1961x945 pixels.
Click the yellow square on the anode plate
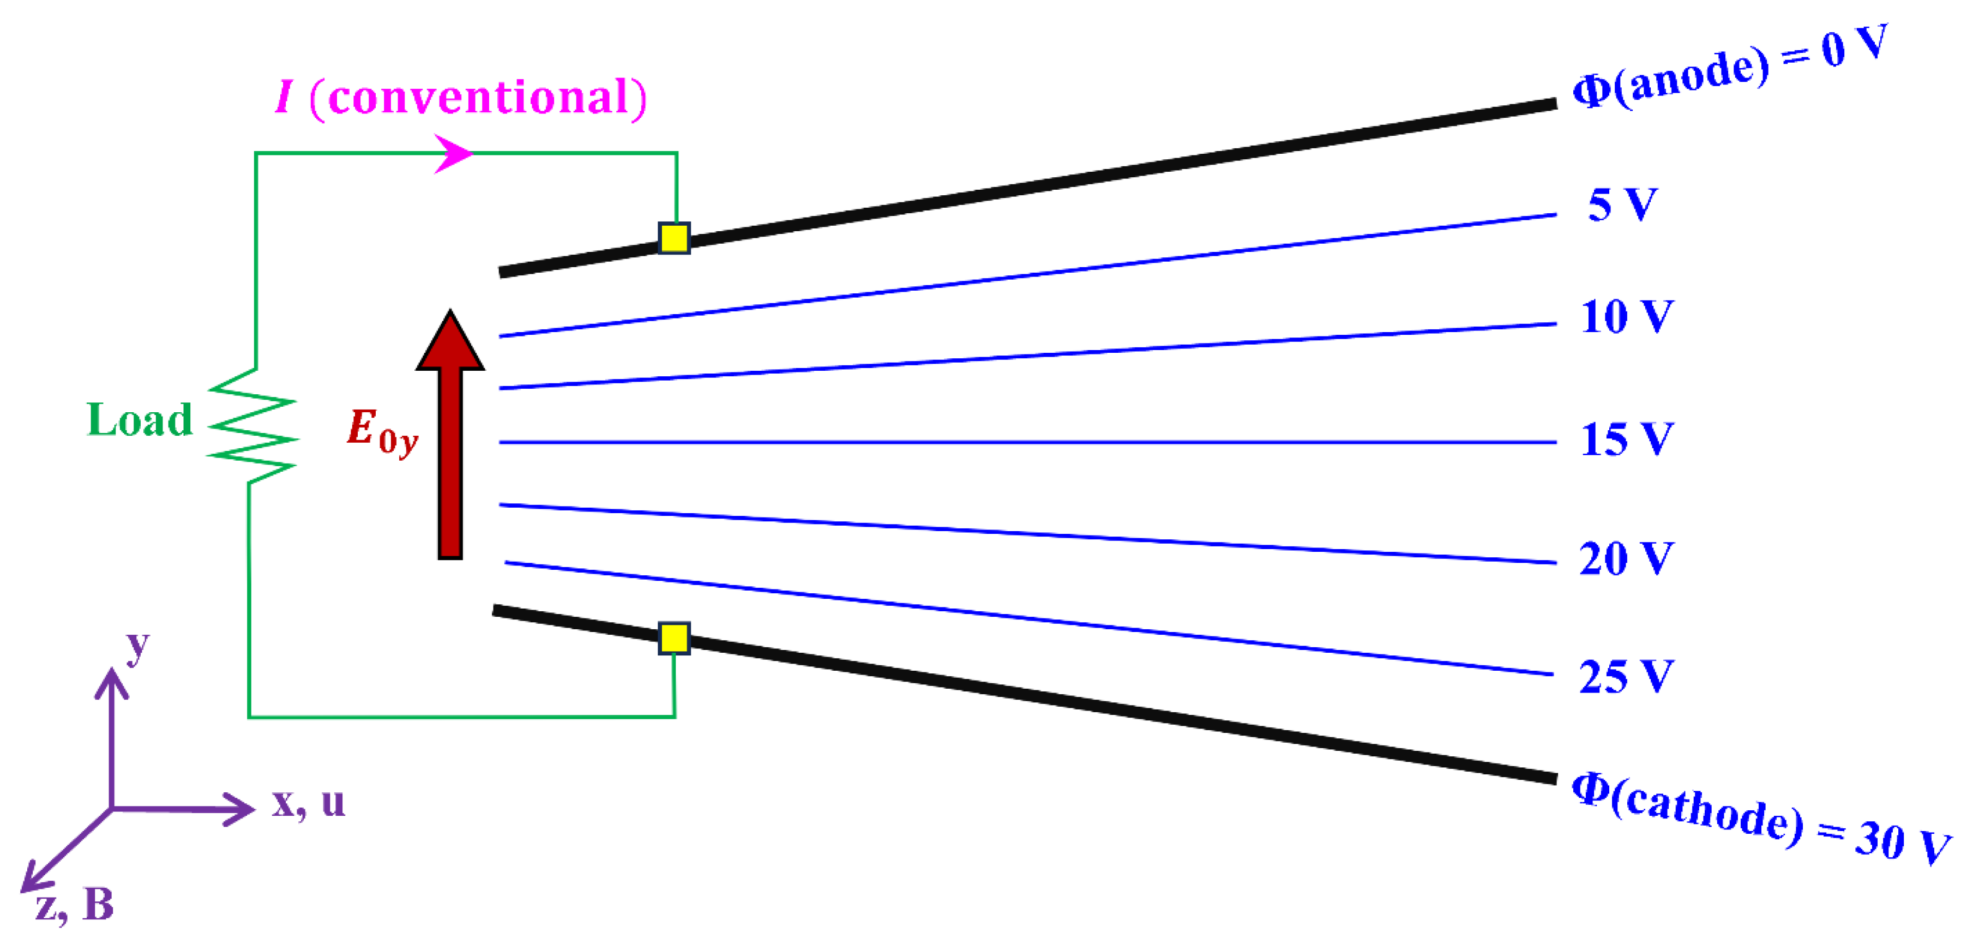tap(673, 238)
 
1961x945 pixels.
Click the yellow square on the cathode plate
tap(673, 638)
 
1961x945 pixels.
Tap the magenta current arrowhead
tap(454, 153)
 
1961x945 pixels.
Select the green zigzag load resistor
tap(252, 426)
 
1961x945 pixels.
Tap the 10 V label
tap(1627, 316)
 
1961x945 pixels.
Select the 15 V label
tap(1627, 440)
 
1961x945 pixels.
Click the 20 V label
tap(1626, 558)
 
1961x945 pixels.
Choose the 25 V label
tap(1626, 676)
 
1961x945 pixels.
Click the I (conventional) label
tap(461, 98)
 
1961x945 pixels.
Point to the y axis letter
tap(138, 647)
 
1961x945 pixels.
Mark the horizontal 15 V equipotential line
tap(1028, 442)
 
